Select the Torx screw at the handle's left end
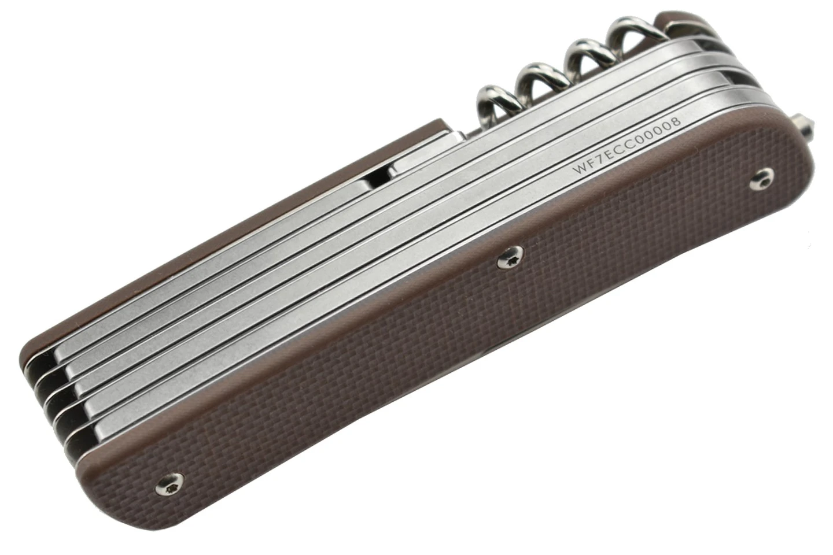[169, 485]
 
